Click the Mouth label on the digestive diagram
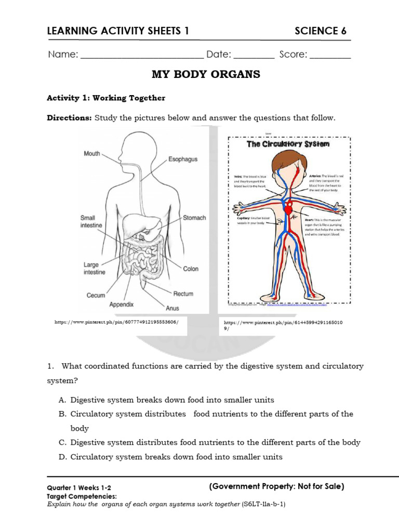pyautogui.click(x=92, y=154)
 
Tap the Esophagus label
pyautogui.click(x=182, y=159)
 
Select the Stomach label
pyautogui.click(x=194, y=218)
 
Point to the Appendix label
pyautogui.click(x=121, y=304)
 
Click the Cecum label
pyautogui.click(x=96, y=296)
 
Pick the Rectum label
pyautogui.click(x=183, y=294)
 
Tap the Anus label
pyautogui.click(x=172, y=308)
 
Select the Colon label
pyautogui.click(x=191, y=269)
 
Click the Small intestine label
pyautogui.click(x=91, y=222)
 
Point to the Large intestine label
pyautogui.click(x=94, y=269)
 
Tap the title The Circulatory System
pyautogui.click(x=288, y=144)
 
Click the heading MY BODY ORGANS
pyautogui.click(x=206, y=74)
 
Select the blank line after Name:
pyautogui.click(x=142, y=55)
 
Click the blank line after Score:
pyautogui.click(x=330, y=55)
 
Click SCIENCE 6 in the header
pyautogui.click(x=320, y=31)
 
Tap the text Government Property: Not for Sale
pyautogui.click(x=276, y=487)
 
